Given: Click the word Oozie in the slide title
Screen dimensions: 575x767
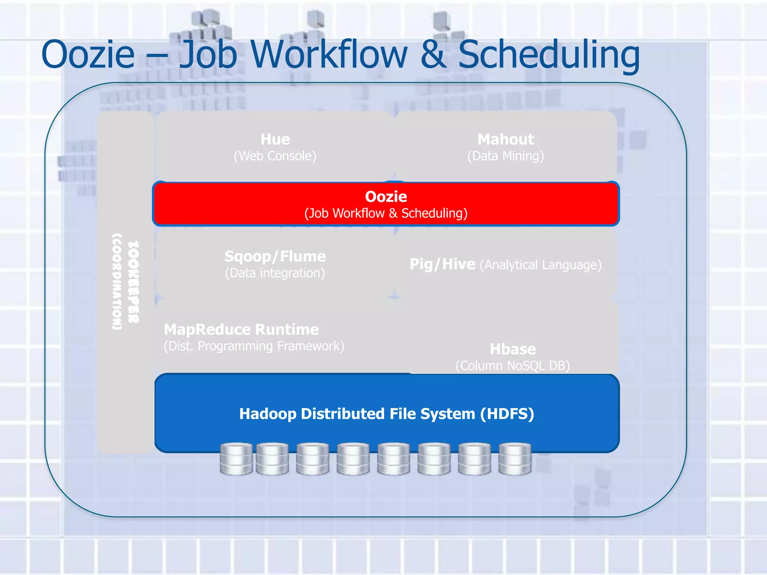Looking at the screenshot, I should pos(88,55).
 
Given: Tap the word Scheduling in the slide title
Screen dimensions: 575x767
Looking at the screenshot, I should pos(549,55).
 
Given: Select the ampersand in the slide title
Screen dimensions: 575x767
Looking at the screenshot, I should pos(433,55).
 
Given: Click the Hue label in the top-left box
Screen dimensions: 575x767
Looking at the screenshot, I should pos(275,139).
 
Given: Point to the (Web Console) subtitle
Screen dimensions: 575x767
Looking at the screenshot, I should pos(275,156).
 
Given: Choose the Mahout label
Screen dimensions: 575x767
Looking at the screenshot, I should pos(506,139).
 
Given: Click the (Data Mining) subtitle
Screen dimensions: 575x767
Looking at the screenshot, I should pos(506,156).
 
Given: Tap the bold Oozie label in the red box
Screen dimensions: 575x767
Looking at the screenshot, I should pos(386,197).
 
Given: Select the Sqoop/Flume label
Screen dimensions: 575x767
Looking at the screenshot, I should pos(275,256).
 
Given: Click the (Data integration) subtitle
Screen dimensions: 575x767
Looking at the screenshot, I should pos(275,273).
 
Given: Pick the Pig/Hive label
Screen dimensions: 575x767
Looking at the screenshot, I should pos(442,264).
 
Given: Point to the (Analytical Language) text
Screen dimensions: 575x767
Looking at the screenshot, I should pos(541,265).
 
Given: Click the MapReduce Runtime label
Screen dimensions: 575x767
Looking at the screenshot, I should pos(242,329).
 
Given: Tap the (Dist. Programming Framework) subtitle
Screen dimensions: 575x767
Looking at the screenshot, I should pos(254,346).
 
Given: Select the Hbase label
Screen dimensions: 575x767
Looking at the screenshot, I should pos(513,349).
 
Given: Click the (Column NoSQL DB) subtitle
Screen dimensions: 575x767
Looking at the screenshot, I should pos(513,365).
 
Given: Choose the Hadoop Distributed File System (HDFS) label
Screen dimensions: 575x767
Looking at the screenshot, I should pos(386,414).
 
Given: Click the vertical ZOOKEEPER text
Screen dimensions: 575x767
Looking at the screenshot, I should pos(134,282).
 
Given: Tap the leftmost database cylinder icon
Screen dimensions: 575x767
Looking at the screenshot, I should pos(236,459).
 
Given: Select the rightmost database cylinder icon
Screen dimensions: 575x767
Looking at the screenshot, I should pos(515,459).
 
